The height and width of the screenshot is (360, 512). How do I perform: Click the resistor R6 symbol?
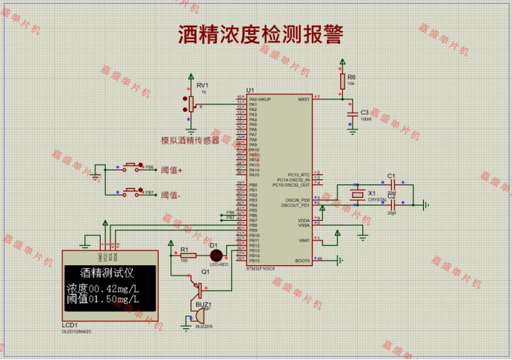point(342,81)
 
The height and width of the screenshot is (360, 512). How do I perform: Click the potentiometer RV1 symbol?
point(191,102)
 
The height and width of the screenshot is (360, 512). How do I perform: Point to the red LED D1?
point(216,254)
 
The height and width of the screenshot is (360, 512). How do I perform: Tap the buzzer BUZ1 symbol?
point(199,317)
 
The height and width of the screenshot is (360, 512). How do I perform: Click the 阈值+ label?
point(171,170)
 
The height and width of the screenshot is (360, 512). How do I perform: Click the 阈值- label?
point(170,195)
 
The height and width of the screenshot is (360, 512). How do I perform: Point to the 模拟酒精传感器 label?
point(190,140)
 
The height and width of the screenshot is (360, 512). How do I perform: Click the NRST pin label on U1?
point(303,99)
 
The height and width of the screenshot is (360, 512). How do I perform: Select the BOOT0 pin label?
point(302,260)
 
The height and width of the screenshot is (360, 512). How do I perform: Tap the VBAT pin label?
point(304,240)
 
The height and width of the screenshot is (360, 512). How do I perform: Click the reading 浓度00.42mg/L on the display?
point(103,288)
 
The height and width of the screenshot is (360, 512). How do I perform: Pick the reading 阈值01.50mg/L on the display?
point(103,299)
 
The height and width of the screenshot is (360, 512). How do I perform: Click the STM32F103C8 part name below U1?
point(260,268)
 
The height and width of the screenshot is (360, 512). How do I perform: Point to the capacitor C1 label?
point(391,176)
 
